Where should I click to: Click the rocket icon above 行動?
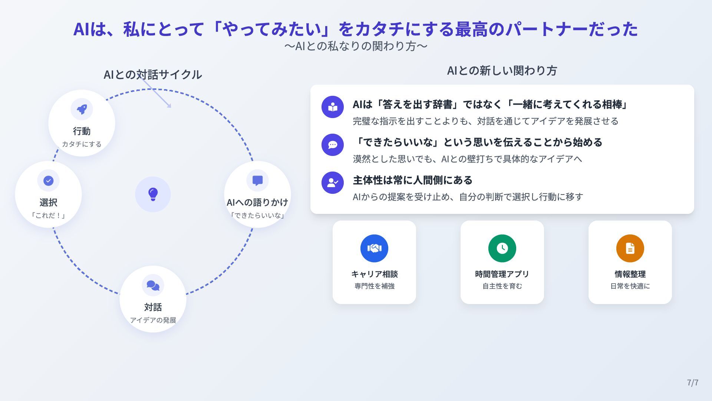click(x=82, y=109)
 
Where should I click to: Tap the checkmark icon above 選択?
click(x=48, y=180)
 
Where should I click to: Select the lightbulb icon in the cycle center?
click(x=153, y=194)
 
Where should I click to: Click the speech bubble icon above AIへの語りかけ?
click(x=257, y=180)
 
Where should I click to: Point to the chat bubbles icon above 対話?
click(x=153, y=285)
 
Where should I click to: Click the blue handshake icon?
click(x=374, y=248)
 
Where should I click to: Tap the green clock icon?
click(x=502, y=248)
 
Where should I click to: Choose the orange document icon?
click(x=630, y=248)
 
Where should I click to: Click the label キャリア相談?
click(x=374, y=274)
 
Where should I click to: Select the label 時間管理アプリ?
click(x=502, y=274)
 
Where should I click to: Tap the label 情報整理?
click(x=630, y=274)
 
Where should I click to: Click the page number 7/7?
click(x=692, y=382)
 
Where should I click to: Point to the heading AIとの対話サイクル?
click(x=152, y=74)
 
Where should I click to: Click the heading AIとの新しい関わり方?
click(x=502, y=71)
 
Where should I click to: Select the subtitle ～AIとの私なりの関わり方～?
click(x=356, y=46)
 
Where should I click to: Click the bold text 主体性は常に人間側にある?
click(x=412, y=180)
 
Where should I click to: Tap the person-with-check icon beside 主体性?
click(x=333, y=182)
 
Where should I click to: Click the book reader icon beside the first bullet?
click(x=333, y=107)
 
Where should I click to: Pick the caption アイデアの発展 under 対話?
click(x=153, y=320)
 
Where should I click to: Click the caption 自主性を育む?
click(x=502, y=286)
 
